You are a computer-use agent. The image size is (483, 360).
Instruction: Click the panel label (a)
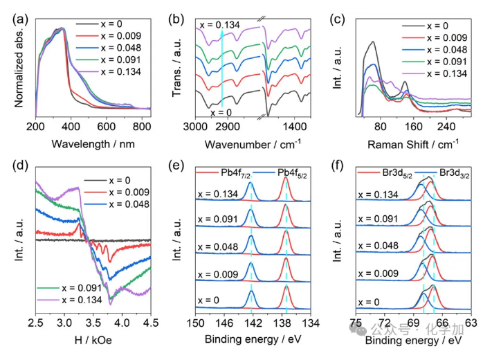pos(20,19)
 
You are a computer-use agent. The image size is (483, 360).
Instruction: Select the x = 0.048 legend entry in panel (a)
pos(109,48)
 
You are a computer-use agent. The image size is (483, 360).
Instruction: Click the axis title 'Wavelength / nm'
pos(93,144)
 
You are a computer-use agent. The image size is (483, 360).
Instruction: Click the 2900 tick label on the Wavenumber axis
pos(228,127)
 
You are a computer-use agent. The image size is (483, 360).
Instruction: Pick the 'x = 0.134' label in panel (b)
pos(219,25)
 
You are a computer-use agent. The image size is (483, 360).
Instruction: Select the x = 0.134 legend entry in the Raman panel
pos(435,73)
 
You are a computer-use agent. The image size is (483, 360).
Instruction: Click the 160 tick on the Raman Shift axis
pos(413,127)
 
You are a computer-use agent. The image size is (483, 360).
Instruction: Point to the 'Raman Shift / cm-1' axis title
pos(413,144)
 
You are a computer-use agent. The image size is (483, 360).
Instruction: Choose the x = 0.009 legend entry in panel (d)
pos(117,192)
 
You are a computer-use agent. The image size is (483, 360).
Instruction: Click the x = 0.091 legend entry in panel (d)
pos(69,288)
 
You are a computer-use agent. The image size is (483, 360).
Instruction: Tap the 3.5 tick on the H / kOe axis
pos(93,323)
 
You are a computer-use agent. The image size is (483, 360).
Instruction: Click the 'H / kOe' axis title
pos(93,340)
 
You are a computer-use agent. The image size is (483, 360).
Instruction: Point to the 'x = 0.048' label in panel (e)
pos(218,246)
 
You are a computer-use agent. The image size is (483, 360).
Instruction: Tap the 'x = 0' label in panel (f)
pos(369,302)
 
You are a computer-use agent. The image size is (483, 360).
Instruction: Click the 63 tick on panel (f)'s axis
pos(471,323)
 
